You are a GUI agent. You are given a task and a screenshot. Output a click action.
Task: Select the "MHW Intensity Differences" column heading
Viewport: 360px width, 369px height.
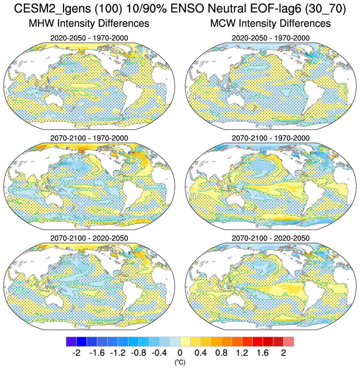pos(89,24)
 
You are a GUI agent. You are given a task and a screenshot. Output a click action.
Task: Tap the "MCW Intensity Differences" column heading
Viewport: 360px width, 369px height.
pos(270,24)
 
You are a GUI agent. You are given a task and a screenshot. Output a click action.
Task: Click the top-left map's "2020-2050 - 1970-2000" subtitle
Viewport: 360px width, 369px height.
pos(89,38)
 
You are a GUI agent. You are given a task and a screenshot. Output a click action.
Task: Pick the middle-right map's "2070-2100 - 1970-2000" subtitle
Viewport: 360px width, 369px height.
pos(270,138)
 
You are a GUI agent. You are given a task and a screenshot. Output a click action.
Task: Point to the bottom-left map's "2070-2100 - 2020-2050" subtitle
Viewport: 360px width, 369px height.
pos(89,238)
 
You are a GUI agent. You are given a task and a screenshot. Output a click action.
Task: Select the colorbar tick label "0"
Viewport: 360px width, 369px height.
pos(180,353)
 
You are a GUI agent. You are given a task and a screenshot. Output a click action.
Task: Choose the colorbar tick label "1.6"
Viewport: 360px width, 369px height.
pos(263,353)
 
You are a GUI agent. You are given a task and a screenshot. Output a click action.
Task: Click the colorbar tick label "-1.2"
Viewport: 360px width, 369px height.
pos(117,353)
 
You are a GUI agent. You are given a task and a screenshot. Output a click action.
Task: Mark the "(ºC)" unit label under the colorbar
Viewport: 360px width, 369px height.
pos(180,362)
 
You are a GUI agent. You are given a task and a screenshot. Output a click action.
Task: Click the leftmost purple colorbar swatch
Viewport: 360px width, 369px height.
pos(71,342)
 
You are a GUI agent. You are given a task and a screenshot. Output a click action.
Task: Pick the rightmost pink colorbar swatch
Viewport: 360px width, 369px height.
pos(289,342)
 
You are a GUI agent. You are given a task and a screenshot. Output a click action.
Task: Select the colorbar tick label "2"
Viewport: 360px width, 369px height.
pos(283,353)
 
